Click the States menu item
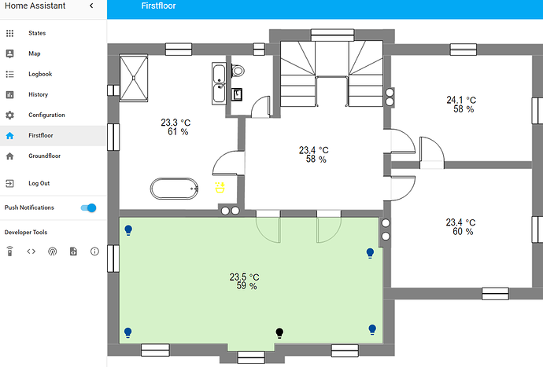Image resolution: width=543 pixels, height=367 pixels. (37, 33)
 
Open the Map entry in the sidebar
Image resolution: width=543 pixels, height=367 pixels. (34, 53)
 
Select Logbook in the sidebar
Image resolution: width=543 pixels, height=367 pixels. (39, 74)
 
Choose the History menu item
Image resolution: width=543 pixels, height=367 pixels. (38, 94)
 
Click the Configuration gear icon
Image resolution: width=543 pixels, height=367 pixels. (10, 115)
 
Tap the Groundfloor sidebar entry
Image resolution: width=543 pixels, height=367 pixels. (45, 156)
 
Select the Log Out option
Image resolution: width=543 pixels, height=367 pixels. (39, 183)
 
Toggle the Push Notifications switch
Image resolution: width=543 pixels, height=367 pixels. (88, 207)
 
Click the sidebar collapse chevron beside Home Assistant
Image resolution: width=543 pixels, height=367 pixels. (91, 6)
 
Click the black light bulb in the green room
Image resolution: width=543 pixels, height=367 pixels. (279, 332)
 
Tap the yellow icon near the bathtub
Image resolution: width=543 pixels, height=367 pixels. (220, 187)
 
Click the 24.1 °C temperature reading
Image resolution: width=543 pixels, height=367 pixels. (461, 100)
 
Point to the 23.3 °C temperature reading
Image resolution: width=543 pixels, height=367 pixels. (176, 123)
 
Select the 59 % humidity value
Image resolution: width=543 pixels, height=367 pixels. (246, 287)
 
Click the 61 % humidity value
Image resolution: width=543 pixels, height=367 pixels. (177, 132)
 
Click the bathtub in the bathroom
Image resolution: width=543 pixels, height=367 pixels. (175, 189)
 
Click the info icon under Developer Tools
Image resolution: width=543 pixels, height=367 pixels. (94, 251)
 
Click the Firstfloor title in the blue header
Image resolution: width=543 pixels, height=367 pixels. (158, 6)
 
